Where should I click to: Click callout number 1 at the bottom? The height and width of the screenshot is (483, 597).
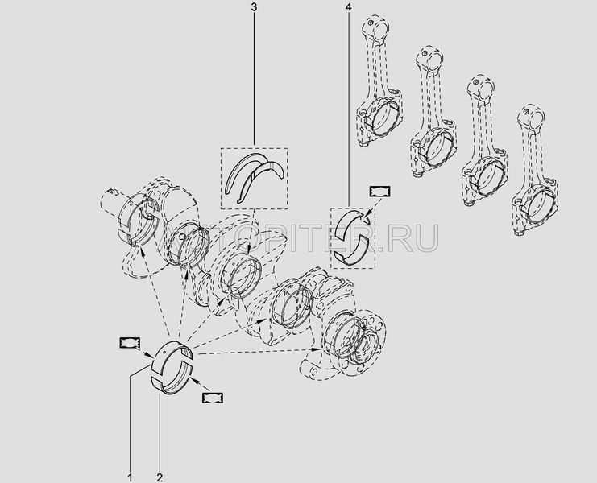point(131,477)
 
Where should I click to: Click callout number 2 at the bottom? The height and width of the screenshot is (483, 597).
point(160,477)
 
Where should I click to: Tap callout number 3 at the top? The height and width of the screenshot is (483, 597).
point(254,7)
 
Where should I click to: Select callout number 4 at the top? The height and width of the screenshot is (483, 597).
point(348,7)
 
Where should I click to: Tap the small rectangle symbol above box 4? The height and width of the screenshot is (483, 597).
point(380,192)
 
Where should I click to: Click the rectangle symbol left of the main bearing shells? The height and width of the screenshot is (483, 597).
point(130,343)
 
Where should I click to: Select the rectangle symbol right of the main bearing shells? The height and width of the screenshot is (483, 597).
point(213,398)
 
